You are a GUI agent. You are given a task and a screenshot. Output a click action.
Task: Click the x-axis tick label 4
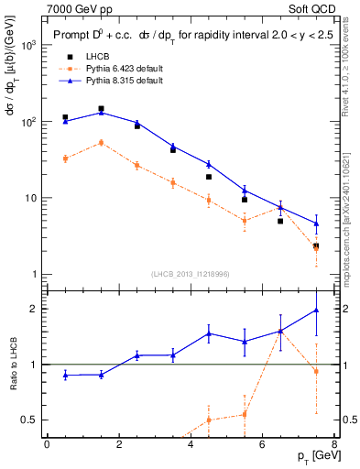tap(191, 444)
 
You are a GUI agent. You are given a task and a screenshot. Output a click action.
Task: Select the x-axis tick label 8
tap(335, 444)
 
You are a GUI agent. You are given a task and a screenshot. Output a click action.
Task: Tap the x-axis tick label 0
tap(47, 444)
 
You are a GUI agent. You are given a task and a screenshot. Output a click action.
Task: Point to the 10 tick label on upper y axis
tap(31, 198)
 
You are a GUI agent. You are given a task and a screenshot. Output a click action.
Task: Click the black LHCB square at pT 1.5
tap(101, 109)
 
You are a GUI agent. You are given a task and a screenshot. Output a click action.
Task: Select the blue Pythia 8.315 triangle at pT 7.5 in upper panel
tap(316, 223)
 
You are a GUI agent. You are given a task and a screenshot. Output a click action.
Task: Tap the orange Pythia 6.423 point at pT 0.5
tap(65, 158)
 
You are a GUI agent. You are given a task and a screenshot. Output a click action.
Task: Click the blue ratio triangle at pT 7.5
tap(316, 310)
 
